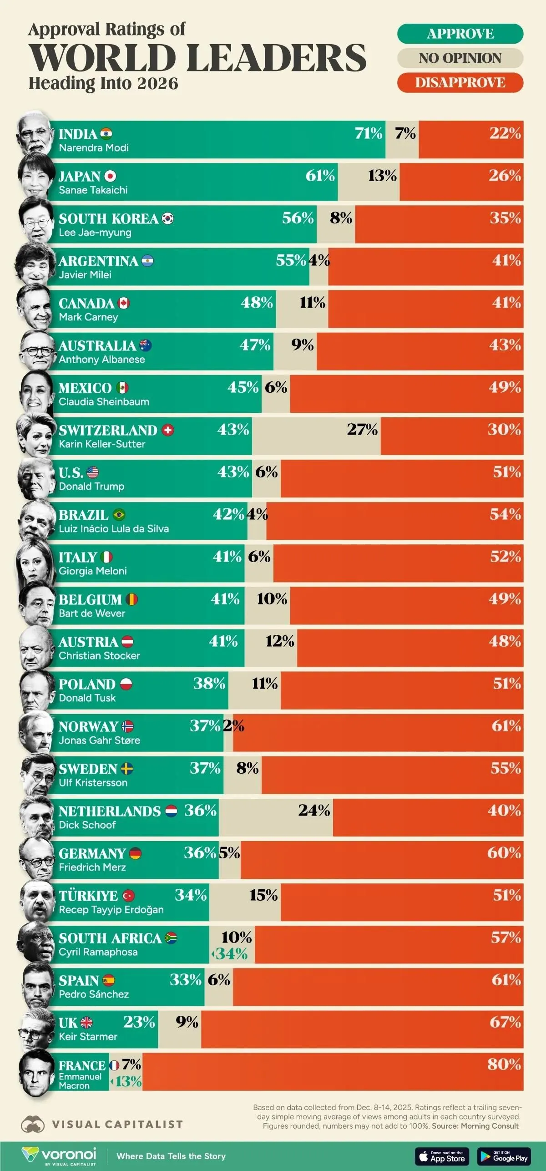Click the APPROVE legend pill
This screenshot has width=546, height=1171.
click(x=460, y=34)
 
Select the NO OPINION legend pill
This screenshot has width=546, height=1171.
click(x=460, y=58)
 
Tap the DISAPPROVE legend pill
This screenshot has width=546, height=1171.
click(x=460, y=82)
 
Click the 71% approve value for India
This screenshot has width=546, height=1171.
click(x=369, y=133)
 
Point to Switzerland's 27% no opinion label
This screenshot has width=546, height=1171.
click(x=362, y=429)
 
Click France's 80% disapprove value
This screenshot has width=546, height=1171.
click(x=504, y=1064)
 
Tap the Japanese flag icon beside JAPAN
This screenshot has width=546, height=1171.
click(x=110, y=177)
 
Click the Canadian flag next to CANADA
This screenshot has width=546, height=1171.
click(x=124, y=303)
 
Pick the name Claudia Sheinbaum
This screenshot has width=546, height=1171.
click(x=104, y=402)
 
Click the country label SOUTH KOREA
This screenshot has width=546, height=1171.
click(x=108, y=219)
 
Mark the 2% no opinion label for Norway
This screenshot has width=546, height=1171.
click(x=233, y=725)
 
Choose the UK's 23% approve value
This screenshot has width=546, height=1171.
click(x=139, y=1022)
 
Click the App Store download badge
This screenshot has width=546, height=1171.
click(x=441, y=1156)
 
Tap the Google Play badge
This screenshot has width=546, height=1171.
click(x=504, y=1156)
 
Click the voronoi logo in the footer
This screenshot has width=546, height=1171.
click(x=59, y=1156)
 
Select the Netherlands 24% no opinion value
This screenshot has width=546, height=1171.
click(x=314, y=810)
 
